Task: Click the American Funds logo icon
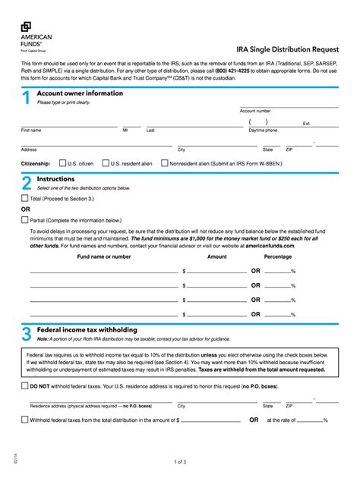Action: (26, 27)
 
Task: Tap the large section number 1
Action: (26, 97)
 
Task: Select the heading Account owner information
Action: (80, 93)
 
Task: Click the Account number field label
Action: (255, 111)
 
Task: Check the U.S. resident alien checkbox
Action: (105, 163)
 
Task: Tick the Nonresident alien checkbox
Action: (164, 163)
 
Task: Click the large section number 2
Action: (26, 183)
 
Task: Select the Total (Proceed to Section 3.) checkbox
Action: (24, 198)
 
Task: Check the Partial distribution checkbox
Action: (24, 220)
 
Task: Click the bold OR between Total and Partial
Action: (26, 209)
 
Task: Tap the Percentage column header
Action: (277, 256)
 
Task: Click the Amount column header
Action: (217, 256)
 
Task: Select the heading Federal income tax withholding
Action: (87, 330)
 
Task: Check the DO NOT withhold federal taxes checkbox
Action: (24, 386)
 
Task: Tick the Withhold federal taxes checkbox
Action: (24, 420)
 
